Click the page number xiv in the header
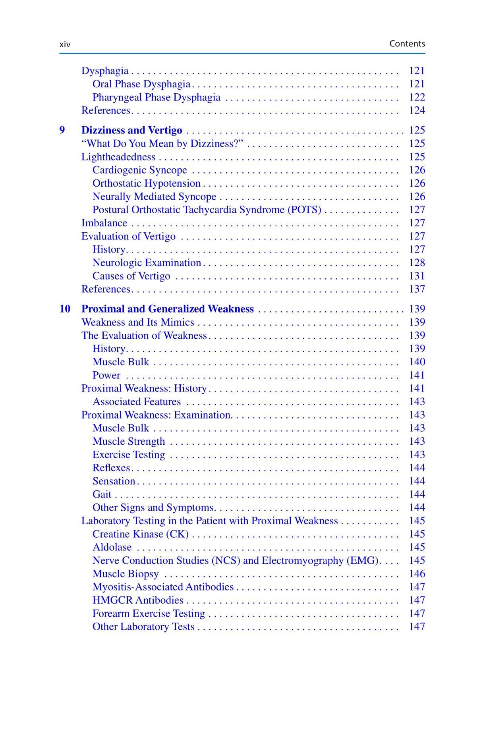(65, 44)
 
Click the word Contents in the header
(407, 44)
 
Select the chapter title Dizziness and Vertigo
(131, 130)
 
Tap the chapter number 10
(65, 309)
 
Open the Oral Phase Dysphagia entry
(141, 84)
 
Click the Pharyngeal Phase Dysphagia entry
(156, 97)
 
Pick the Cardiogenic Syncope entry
(139, 170)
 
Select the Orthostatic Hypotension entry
(146, 183)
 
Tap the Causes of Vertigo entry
(131, 276)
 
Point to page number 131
(417, 276)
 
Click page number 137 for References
(417, 289)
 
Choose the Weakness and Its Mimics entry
(137, 322)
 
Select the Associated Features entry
(136, 401)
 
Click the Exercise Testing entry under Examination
(128, 455)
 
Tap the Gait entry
(102, 494)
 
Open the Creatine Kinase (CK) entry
(140, 534)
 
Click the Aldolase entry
(112, 547)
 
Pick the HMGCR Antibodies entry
(138, 600)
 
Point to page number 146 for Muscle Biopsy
(417, 574)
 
